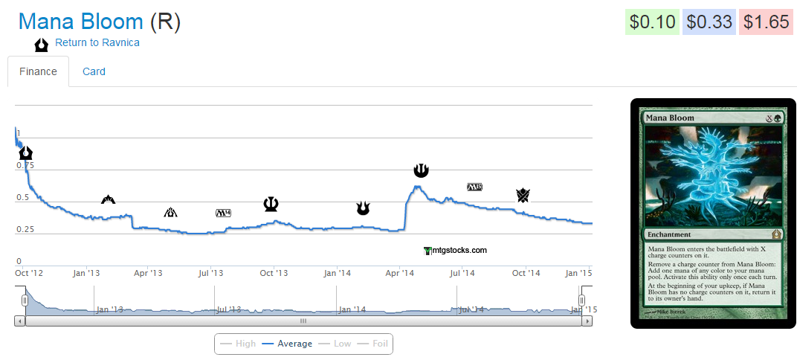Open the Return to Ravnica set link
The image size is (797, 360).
click(x=97, y=42)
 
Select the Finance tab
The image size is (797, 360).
click(x=38, y=71)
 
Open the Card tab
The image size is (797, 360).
click(x=94, y=71)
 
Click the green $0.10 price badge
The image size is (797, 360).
click(x=651, y=22)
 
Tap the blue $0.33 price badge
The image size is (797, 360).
click(x=709, y=22)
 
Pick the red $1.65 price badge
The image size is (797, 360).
click(x=766, y=22)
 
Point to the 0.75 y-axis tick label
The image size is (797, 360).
click(x=25, y=165)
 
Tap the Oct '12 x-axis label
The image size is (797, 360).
click(x=29, y=274)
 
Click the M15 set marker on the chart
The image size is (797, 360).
click(x=474, y=186)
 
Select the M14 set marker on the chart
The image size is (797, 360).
click(x=223, y=213)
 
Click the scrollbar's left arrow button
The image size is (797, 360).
click(x=20, y=321)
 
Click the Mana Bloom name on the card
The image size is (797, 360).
click(x=670, y=118)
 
